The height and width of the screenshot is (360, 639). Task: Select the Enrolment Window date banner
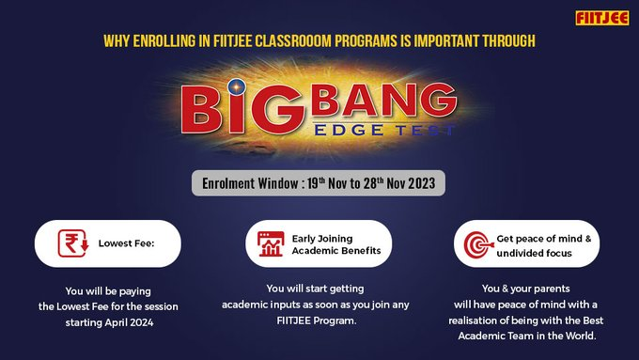pyautogui.click(x=319, y=182)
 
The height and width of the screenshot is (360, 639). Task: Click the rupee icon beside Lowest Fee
pyautogui.click(x=70, y=243)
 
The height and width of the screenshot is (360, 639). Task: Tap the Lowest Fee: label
pyautogui.click(x=126, y=243)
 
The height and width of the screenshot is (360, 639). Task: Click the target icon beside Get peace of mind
pyautogui.click(x=475, y=244)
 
